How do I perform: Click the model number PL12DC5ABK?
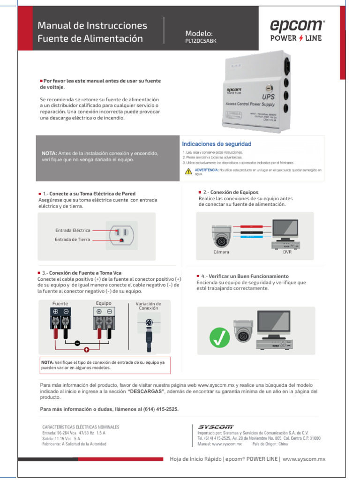pos(201,41)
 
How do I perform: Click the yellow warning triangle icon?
pos(188,172)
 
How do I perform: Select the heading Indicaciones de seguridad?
pos(217,144)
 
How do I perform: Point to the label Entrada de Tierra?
pos(72,240)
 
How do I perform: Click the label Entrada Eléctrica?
pos(73,230)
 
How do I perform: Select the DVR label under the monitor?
pos(287,252)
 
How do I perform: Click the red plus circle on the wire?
pos(87,350)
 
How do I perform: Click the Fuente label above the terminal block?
pos(60,303)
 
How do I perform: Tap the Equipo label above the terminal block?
pos(103,303)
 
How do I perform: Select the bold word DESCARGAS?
pos(146,391)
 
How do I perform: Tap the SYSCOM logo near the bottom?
pos(216,427)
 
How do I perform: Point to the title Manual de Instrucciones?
pos(92,25)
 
